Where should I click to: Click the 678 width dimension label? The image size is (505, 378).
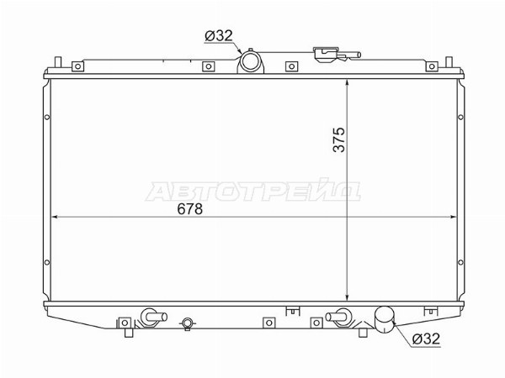pyautogui.click(x=189, y=209)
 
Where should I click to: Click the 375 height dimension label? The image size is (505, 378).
pyautogui.click(x=339, y=139)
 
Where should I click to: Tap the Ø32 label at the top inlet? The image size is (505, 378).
pyautogui.click(x=219, y=35)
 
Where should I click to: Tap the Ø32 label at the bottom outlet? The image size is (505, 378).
pyautogui.click(x=426, y=339)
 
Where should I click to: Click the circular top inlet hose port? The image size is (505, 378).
pyautogui.click(x=251, y=61)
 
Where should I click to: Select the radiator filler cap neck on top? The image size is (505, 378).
pyautogui.click(x=325, y=54)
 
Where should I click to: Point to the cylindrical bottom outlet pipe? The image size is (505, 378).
pyautogui.click(x=385, y=319)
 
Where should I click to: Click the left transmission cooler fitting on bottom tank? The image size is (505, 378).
pyautogui.click(x=154, y=317)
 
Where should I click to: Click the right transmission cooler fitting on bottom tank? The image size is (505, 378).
pyautogui.click(x=338, y=317)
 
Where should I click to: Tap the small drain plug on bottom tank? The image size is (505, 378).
pyautogui.click(x=188, y=323)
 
